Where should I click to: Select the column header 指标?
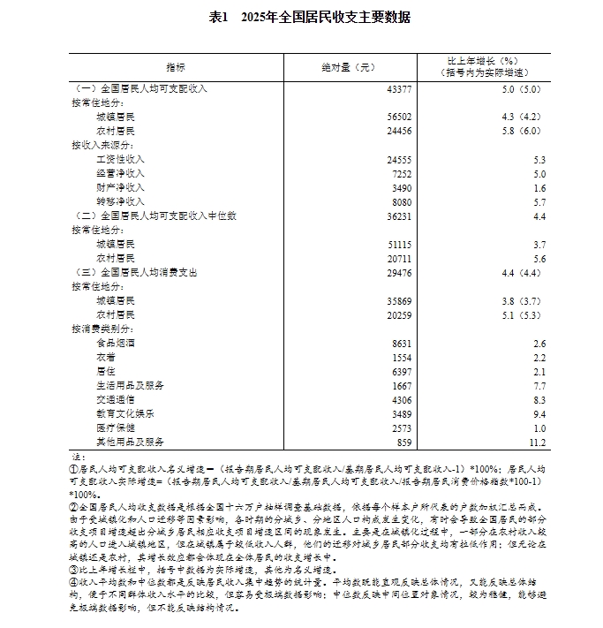click(x=175, y=67)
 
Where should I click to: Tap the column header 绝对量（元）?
click(x=350, y=67)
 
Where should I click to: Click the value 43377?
click(x=398, y=89)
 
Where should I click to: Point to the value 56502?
click(x=398, y=117)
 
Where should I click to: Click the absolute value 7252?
click(x=401, y=173)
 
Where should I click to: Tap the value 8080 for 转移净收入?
click(x=401, y=201)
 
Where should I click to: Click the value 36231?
click(x=398, y=216)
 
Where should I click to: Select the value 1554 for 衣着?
click(x=401, y=357)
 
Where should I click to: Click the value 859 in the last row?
click(x=404, y=441)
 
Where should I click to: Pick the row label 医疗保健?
click(x=116, y=427)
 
